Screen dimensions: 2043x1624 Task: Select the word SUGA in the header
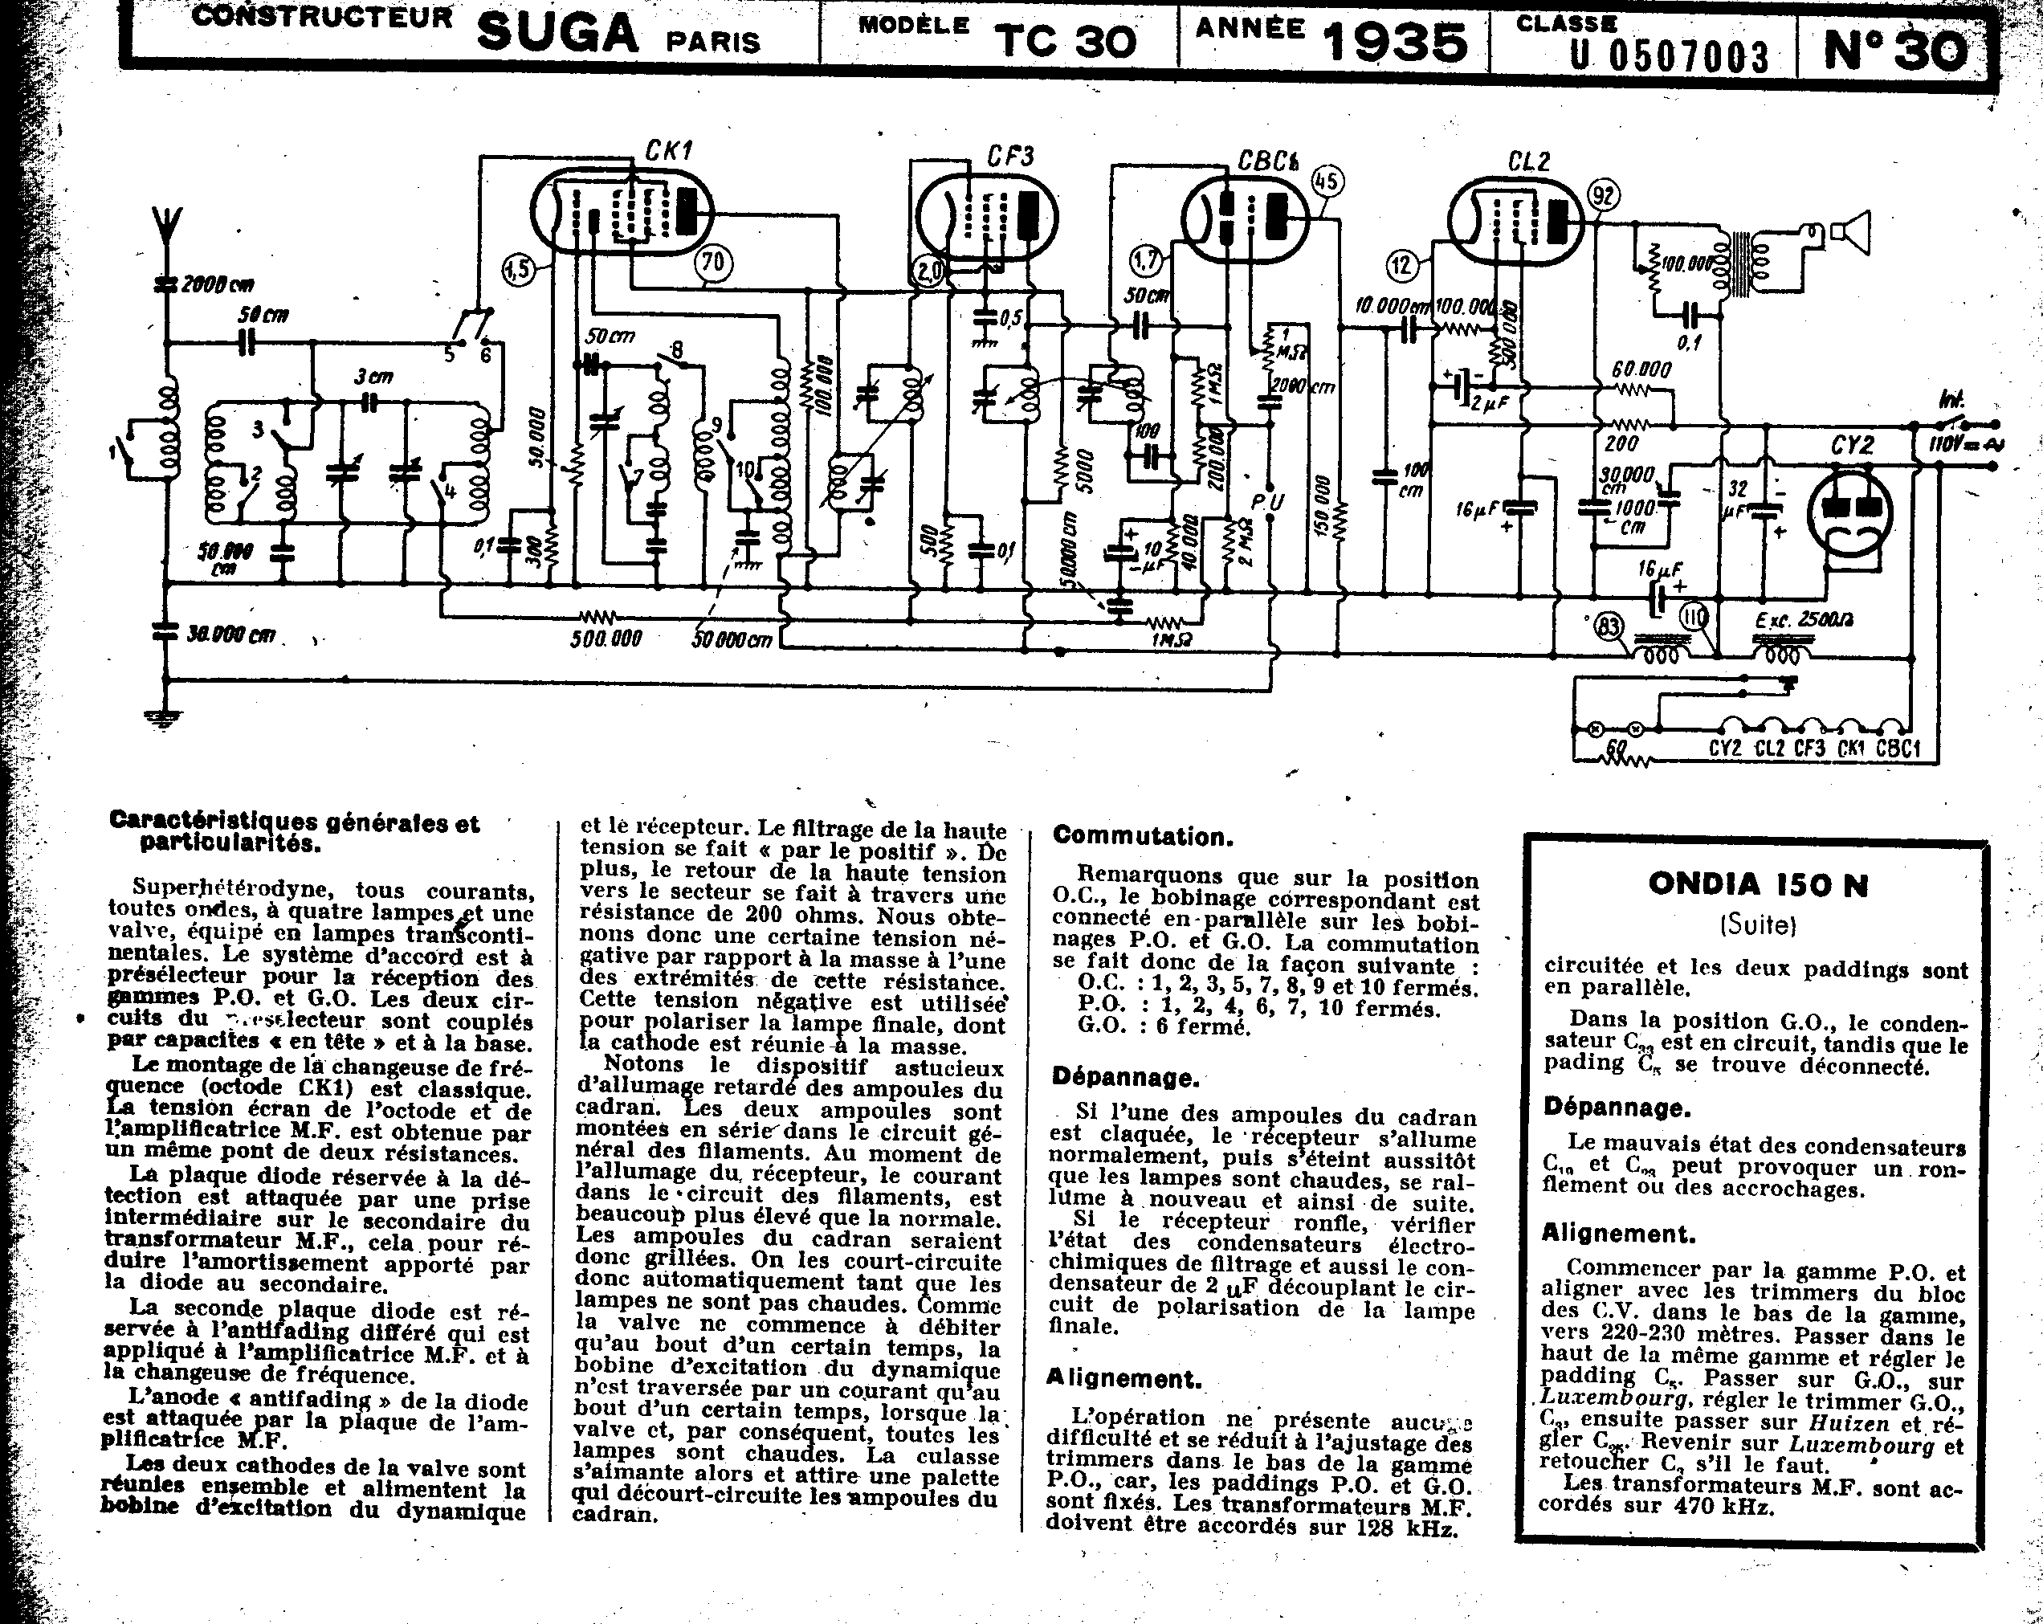(557, 34)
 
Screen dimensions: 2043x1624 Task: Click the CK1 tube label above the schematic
(669, 149)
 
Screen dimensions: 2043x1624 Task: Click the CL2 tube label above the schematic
(1528, 162)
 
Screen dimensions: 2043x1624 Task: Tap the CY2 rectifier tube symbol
(1849, 512)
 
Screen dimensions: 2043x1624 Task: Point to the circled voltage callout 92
(1602, 196)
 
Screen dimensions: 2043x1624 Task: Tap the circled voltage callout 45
(1327, 180)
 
